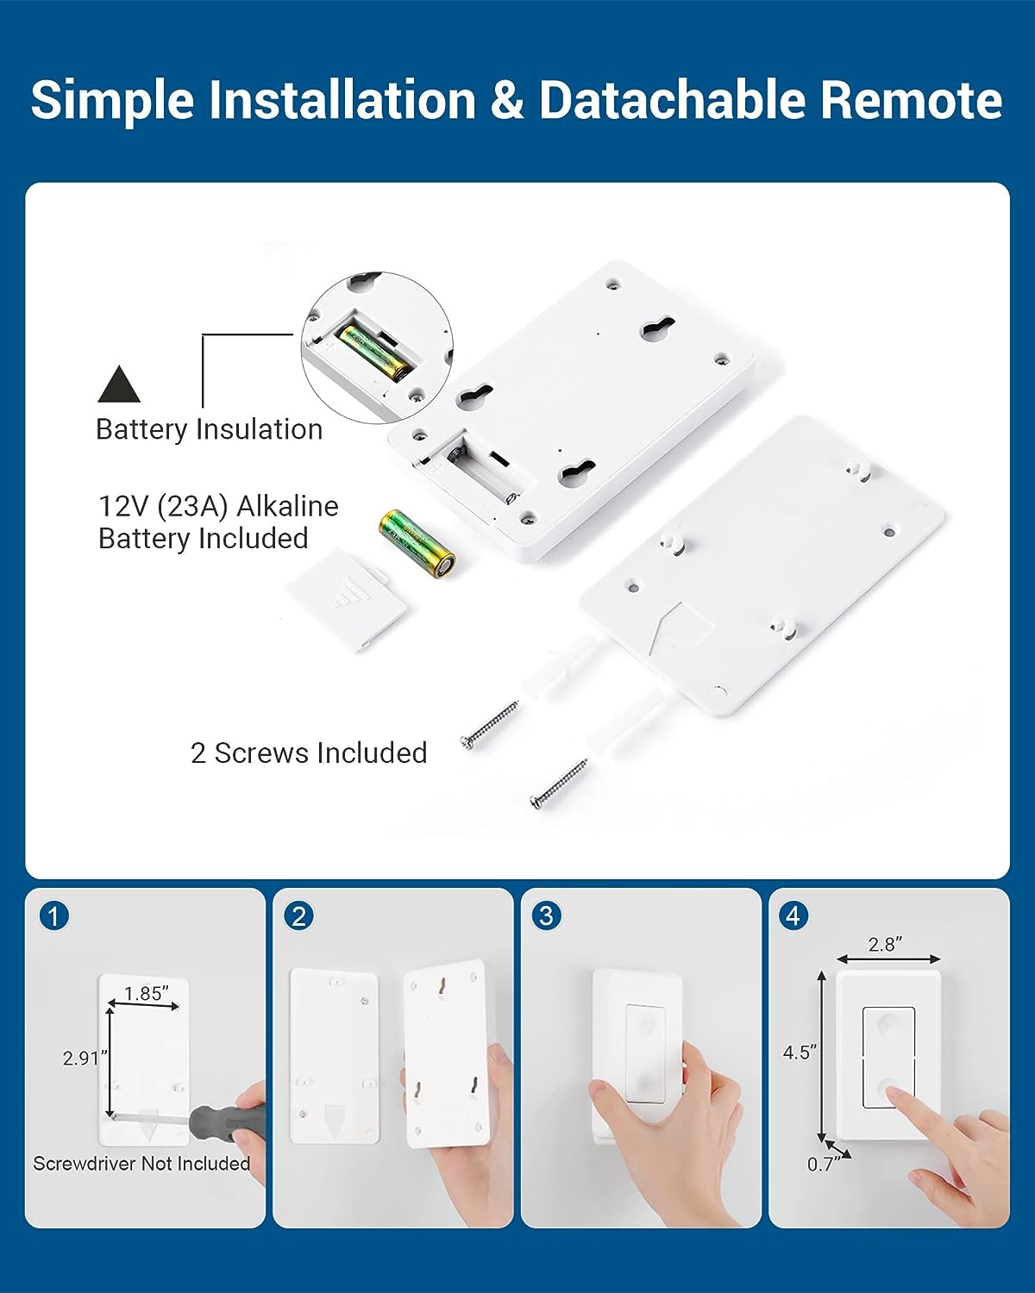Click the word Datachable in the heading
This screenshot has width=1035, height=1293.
coord(672,99)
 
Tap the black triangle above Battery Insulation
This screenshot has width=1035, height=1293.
coord(119,385)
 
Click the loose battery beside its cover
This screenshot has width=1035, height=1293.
coord(417,544)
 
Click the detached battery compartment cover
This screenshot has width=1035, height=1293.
coord(347,602)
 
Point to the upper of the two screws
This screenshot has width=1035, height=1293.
coord(489,725)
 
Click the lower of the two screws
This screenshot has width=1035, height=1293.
coord(559,784)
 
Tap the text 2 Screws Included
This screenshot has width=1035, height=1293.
coord(309,753)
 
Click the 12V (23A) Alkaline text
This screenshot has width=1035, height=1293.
coord(218,507)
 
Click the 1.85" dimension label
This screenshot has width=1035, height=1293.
coord(146,994)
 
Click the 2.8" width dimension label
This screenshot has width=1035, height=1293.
coord(885,945)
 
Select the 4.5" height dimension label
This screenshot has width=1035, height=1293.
coord(800,1053)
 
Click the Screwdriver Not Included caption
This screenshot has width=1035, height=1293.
coord(142,1164)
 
